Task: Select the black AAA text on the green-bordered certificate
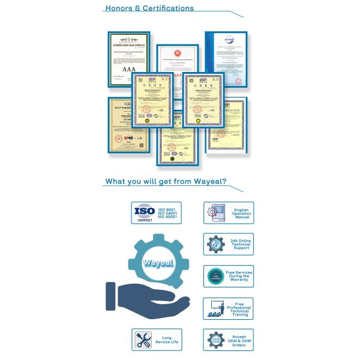click(129, 70)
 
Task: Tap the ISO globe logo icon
click(144, 212)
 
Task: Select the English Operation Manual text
click(241, 213)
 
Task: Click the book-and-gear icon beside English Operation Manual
click(214, 212)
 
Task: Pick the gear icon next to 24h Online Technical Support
click(215, 244)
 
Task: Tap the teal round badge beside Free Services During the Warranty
click(214, 276)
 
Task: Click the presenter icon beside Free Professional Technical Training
click(214, 308)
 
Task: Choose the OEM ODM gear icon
click(214, 340)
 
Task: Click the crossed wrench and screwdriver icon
click(143, 340)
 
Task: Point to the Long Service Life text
click(167, 340)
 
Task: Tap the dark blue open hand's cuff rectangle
click(110, 296)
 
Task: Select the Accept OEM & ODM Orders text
click(239, 341)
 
